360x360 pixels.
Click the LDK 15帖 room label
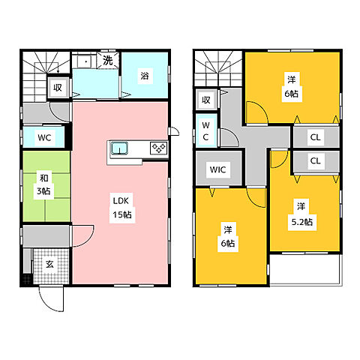point(122,208)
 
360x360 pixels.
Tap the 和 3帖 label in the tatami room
point(43,185)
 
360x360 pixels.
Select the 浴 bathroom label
point(145,75)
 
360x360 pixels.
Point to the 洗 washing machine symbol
point(108,60)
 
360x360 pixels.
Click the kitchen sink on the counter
point(119,148)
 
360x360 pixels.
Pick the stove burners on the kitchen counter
point(158,148)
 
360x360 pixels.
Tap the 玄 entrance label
point(49,264)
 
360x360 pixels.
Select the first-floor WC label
point(44,137)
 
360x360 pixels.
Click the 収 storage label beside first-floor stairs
point(58,88)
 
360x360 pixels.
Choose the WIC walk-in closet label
point(217,169)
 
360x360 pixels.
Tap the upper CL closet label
point(315,137)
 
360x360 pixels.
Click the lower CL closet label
point(315,160)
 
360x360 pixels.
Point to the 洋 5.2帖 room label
point(302,214)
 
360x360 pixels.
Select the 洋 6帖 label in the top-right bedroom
point(292,87)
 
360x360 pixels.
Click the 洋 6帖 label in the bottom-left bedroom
point(228,236)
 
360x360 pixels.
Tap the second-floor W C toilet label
point(205,131)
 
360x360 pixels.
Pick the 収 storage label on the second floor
point(206,100)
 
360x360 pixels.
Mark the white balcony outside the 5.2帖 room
point(304,269)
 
